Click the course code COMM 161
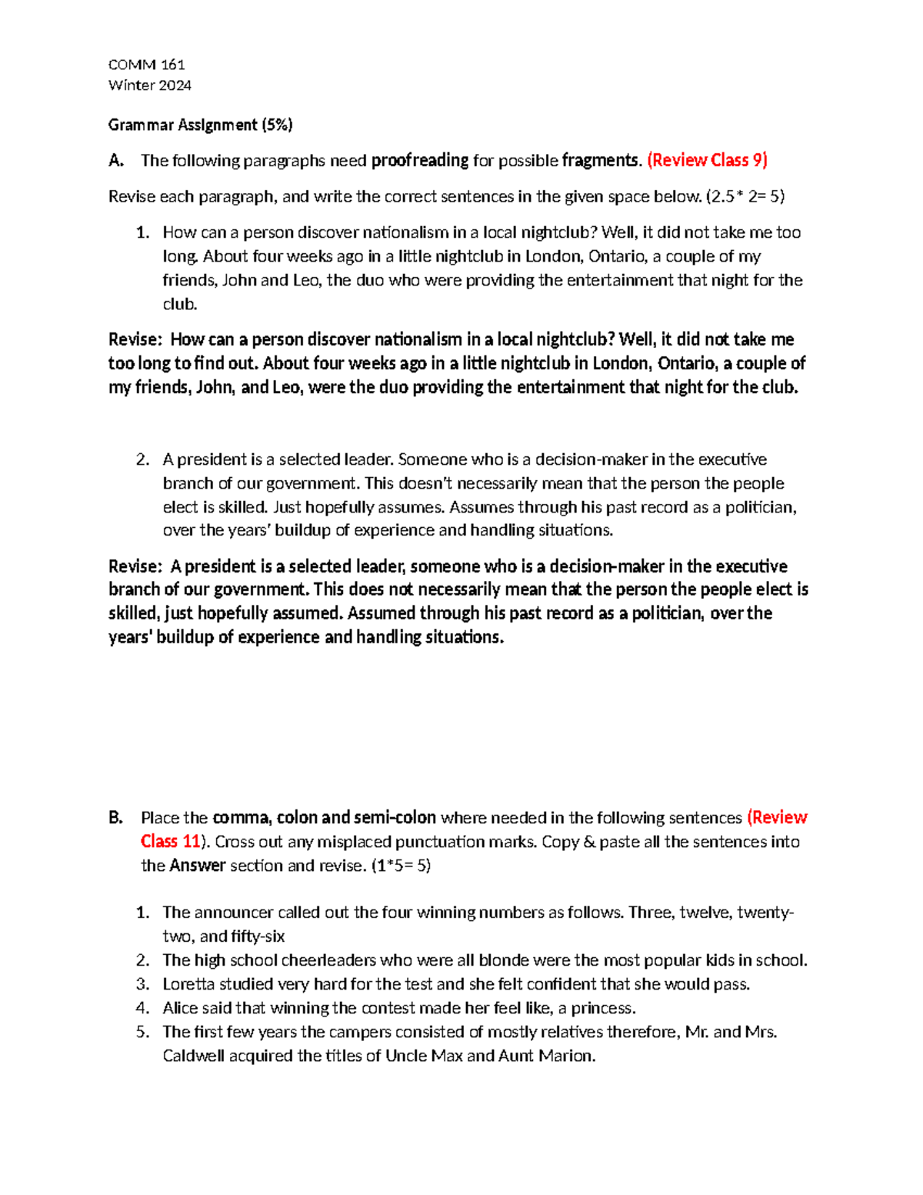tap(146, 65)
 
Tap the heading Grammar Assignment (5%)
tap(200, 125)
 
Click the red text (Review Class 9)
tap(707, 160)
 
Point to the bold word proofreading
tap(419, 160)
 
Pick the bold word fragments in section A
tap(600, 160)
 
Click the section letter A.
tap(115, 160)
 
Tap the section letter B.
tap(115, 817)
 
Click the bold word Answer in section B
tap(197, 865)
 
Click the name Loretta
tap(188, 984)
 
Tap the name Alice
tap(180, 1008)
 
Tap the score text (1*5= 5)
tap(401, 865)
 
